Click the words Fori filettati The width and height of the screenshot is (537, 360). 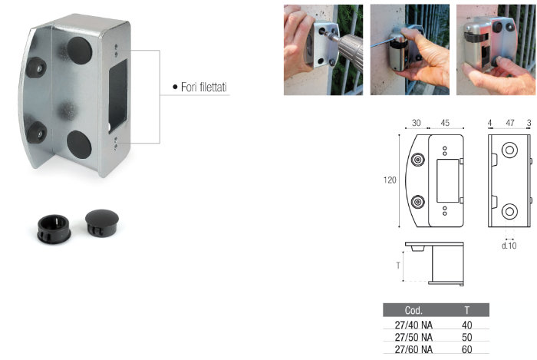tap(204, 88)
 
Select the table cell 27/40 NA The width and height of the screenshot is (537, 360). tap(413, 325)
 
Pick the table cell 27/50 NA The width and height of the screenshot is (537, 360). tap(413, 338)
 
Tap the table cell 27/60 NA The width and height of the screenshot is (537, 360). tap(413, 350)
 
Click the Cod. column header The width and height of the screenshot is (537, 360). tap(413, 310)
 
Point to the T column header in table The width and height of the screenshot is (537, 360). tap(466, 310)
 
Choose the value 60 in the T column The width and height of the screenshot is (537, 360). tap(466, 350)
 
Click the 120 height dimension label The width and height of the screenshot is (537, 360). tap(390, 180)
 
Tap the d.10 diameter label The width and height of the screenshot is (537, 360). tap(509, 246)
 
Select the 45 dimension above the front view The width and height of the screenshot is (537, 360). tap(445, 123)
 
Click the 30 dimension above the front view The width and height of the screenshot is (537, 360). tap(416, 123)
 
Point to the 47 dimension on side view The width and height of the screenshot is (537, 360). tap(510, 123)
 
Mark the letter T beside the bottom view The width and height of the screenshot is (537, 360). tap(398, 266)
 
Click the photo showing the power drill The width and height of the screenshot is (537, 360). tap(323, 50)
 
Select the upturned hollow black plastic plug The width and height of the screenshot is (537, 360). tap(54, 229)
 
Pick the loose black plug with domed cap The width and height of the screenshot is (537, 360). tap(102, 223)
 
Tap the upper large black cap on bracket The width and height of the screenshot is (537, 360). tap(80, 51)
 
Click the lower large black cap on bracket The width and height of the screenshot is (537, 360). tap(79, 144)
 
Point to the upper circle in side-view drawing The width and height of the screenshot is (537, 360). tap(509, 150)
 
